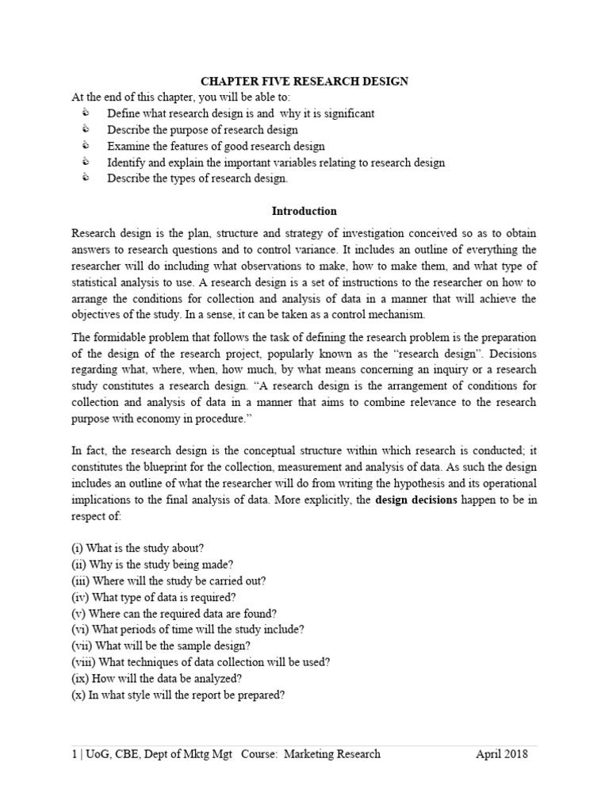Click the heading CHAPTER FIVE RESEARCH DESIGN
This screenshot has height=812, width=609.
304,80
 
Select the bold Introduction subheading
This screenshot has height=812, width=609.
304,212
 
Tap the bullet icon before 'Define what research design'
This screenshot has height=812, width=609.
86,113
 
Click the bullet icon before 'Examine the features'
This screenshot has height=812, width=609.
86,146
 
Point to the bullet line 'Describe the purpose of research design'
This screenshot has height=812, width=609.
202,130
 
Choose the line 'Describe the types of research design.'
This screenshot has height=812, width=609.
197,178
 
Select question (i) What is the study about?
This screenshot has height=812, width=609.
138,548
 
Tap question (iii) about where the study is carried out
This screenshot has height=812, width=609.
169,580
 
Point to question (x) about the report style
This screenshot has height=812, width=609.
178,695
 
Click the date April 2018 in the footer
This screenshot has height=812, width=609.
501,754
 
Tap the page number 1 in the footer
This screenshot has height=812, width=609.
74,754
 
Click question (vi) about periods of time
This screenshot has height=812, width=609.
188,630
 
